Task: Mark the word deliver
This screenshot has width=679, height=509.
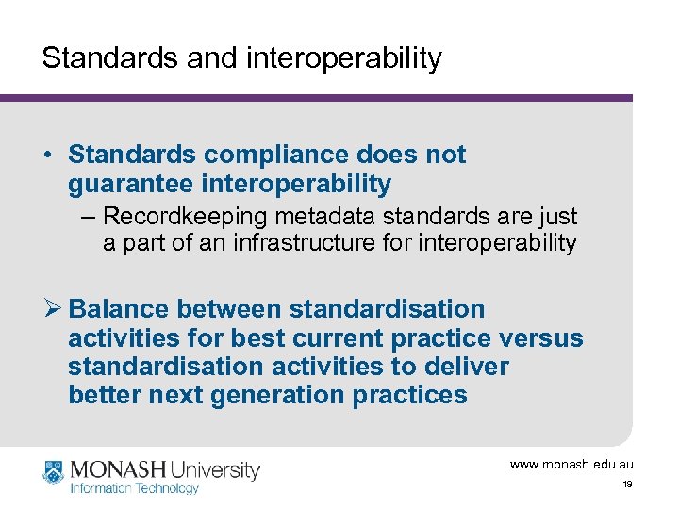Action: pos(466,366)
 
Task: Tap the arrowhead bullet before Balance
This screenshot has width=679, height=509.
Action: pos(52,309)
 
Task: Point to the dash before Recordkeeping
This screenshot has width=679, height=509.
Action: pos(88,216)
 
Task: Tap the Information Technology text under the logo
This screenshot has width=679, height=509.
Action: pos(134,488)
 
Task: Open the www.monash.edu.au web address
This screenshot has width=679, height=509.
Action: pos(571,465)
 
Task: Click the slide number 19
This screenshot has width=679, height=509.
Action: pos(627,484)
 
